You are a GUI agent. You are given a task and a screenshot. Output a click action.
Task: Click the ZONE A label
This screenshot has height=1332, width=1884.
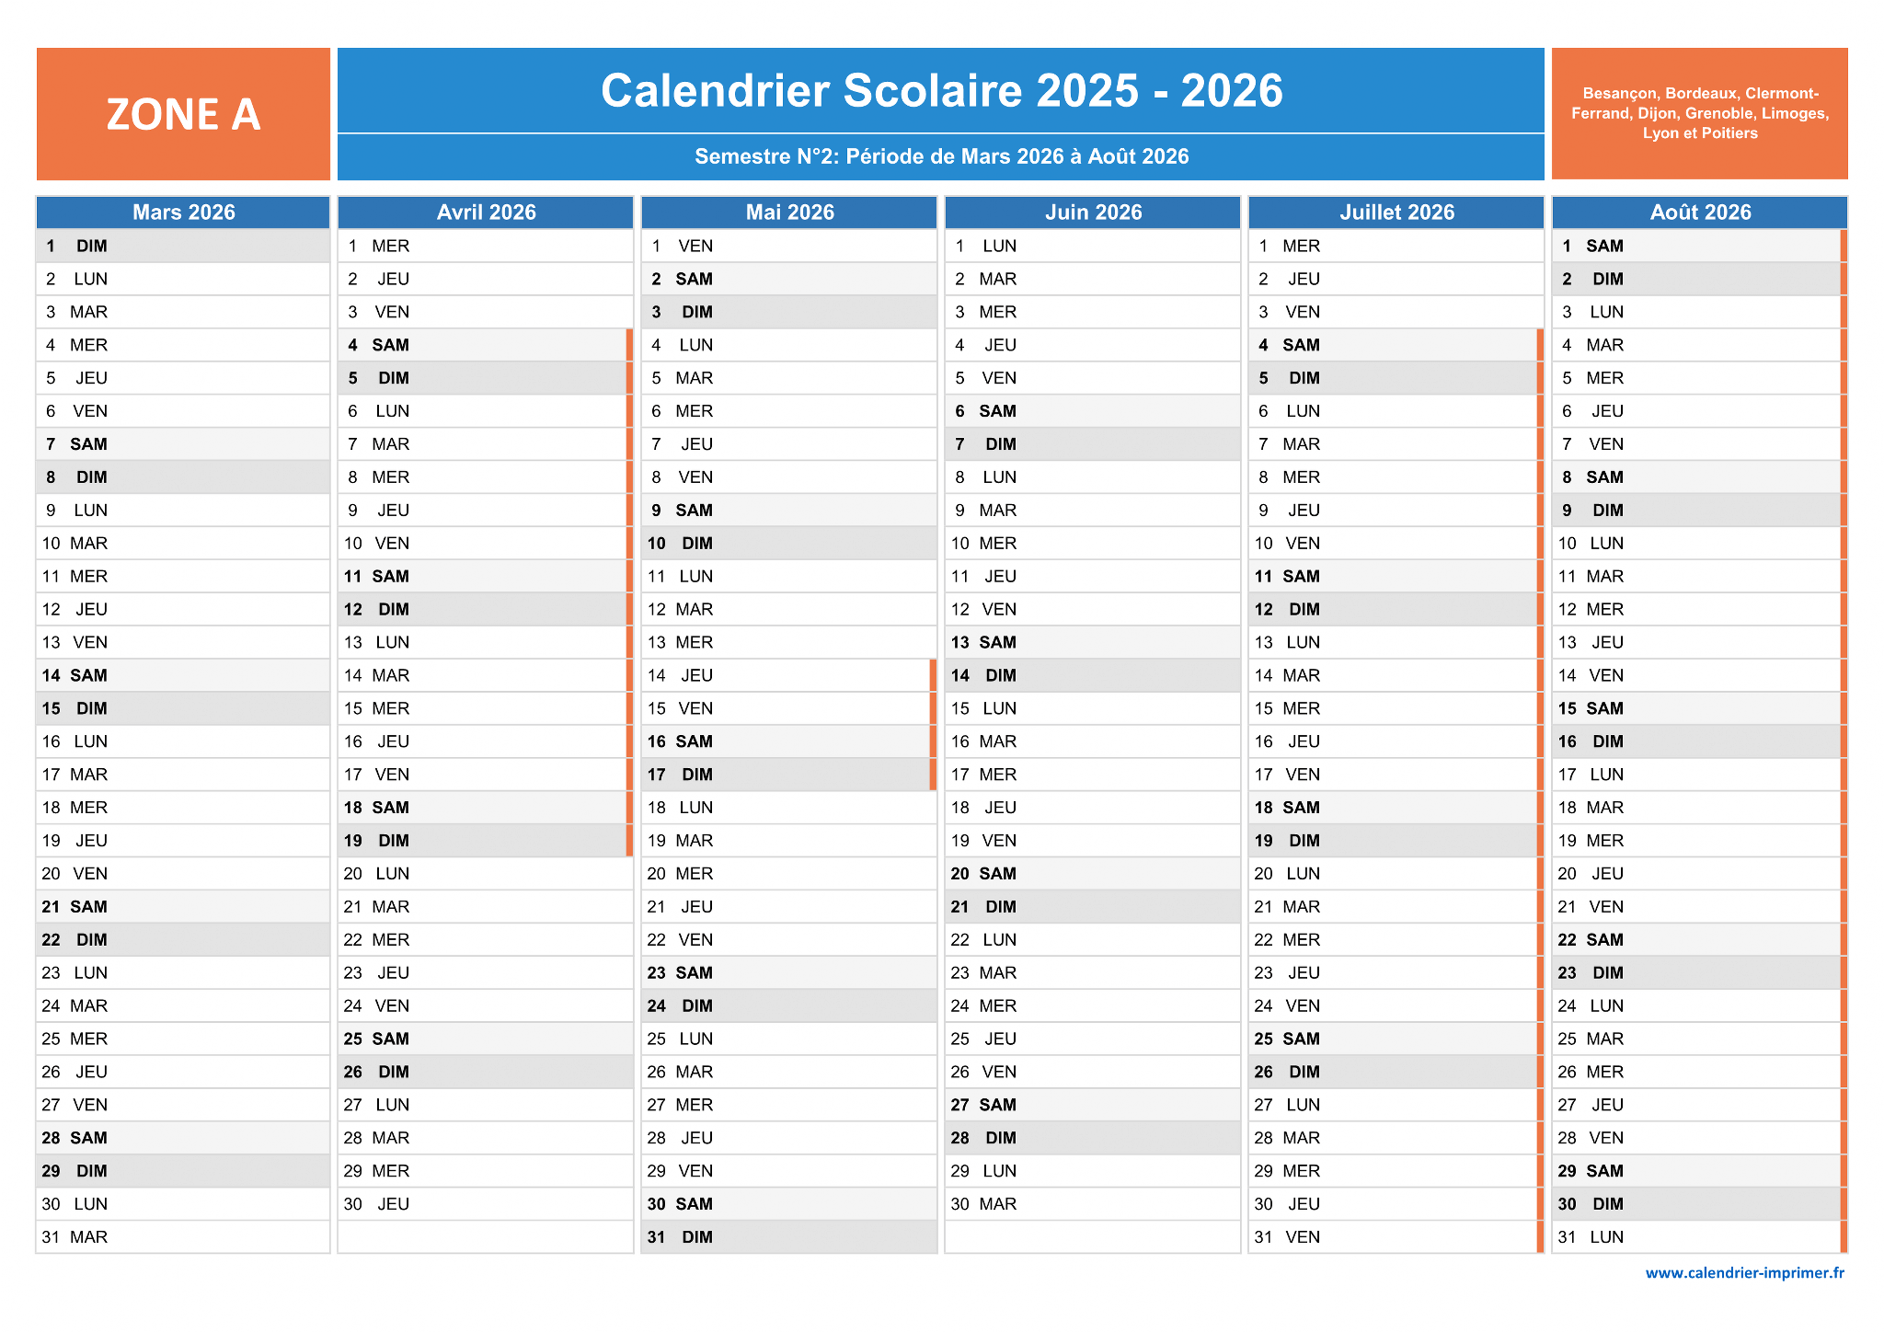tap(183, 114)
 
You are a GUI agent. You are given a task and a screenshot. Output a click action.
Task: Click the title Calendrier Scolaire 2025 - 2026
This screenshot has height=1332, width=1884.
tap(941, 90)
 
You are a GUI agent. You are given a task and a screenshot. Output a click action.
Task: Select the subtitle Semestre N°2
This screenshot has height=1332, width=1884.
tap(941, 156)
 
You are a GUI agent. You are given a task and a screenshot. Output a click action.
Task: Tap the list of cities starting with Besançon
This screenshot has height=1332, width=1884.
tap(1699, 113)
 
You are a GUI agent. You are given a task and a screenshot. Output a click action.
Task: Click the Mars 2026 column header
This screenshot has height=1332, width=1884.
tap(183, 212)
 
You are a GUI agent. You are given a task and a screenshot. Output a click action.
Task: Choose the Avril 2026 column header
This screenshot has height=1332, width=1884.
tap(486, 212)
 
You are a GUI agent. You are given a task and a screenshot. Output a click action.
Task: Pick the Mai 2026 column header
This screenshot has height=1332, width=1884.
tap(789, 212)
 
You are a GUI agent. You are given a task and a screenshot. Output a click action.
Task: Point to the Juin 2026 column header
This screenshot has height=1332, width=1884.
tap(1093, 212)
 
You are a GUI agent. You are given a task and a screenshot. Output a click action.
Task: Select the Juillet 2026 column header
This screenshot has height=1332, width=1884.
tap(1396, 212)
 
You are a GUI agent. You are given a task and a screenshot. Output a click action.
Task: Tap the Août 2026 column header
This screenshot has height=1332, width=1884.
tap(1700, 212)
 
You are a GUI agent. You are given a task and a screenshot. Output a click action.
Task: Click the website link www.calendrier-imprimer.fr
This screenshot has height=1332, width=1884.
tap(1744, 1273)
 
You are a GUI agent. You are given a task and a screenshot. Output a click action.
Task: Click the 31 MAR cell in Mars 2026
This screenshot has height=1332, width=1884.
tap(183, 1237)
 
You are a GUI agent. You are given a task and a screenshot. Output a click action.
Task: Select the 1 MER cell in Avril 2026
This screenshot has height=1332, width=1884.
tap(486, 246)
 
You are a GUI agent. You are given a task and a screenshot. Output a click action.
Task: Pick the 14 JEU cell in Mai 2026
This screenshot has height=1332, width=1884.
tap(789, 675)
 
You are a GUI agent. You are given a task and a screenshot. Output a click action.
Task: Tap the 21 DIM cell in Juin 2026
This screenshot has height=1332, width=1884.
tap(1093, 907)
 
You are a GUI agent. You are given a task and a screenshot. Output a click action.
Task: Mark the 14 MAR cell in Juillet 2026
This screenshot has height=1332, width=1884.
tap(1396, 675)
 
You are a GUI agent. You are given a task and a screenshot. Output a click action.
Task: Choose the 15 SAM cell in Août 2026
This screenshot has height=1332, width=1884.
tap(1700, 708)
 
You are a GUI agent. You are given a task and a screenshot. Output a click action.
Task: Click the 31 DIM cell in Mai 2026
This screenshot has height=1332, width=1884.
tap(789, 1237)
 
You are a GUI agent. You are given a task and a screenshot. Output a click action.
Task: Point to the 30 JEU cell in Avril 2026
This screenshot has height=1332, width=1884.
tap(486, 1204)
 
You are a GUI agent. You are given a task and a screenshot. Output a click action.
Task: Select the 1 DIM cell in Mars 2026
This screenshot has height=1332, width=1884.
tap(183, 246)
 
